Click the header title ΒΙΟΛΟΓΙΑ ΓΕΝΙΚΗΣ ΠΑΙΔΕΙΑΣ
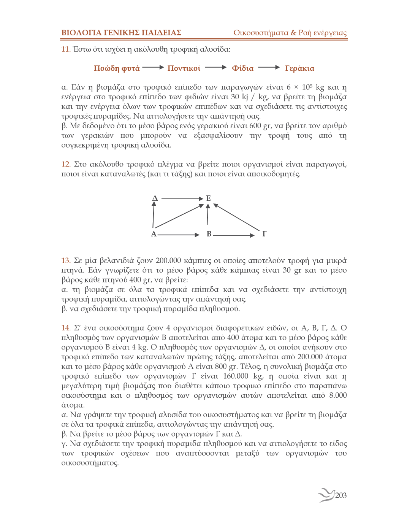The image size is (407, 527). (x=121, y=33)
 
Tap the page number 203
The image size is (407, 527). (x=341, y=495)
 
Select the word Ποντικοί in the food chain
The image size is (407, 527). (x=184, y=68)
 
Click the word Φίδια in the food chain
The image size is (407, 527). (x=242, y=68)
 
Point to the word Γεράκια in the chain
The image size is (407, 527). (x=299, y=68)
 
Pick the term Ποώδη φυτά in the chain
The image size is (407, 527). (x=117, y=68)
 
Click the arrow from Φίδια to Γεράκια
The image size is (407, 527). (x=269, y=67)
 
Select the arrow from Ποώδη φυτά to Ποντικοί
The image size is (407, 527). (x=153, y=67)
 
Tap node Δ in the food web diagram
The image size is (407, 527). (x=155, y=198)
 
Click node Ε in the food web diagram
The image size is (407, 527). (x=208, y=198)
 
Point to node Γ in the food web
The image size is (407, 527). (x=264, y=234)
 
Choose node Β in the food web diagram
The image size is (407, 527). (x=209, y=234)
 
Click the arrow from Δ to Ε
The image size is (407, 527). (x=182, y=198)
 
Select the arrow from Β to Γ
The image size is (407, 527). (x=234, y=235)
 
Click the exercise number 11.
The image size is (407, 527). (x=66, y=49)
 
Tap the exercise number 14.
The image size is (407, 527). (x=66, y=328)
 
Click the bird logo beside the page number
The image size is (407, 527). (x=326, y=495)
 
